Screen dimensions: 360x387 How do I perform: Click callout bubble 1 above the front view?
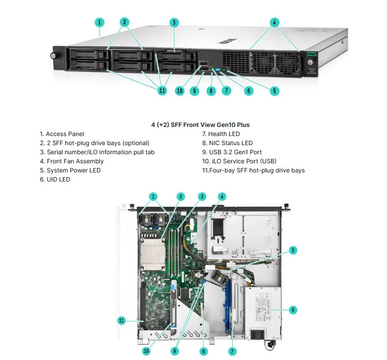100,22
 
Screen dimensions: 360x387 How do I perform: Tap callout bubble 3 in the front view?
174,23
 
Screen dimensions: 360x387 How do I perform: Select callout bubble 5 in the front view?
274,91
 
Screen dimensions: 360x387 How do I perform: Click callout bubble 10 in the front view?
180,91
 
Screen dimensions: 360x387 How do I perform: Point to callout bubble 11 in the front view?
162,91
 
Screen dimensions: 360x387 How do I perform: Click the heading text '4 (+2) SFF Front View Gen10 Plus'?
200,125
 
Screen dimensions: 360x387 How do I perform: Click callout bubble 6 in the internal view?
293,310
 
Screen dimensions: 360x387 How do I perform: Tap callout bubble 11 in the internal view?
122,321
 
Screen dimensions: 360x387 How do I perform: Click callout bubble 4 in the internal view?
222,196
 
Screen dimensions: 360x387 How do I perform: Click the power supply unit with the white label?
263,312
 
